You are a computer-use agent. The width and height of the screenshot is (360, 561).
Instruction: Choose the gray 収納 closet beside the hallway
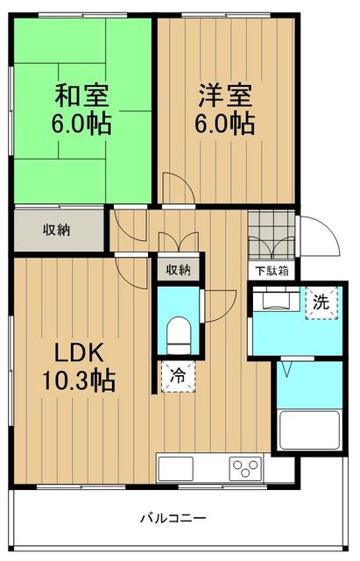58,231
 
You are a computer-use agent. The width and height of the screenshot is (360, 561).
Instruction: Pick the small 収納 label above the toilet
178,270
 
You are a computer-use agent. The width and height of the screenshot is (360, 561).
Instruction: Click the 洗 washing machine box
321,302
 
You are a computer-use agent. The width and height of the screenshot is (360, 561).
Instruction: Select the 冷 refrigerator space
178,377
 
